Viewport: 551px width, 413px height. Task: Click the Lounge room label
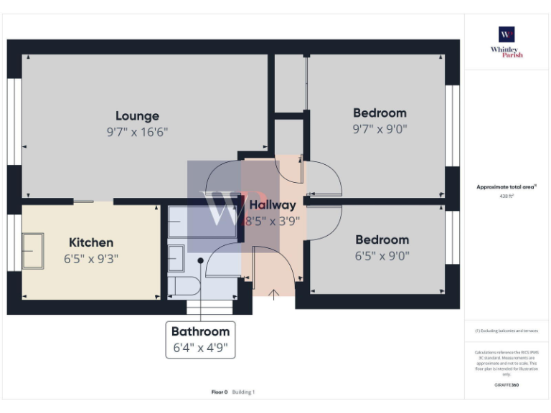tap(137, 115)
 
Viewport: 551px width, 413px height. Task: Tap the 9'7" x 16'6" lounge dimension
tap(137, 132)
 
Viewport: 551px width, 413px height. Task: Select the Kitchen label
tap(91, 242)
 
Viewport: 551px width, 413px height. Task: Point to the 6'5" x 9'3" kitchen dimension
tap(91, 259)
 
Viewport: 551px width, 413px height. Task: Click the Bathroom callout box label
tap(200, 331)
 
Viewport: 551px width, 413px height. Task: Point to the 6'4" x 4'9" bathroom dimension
tap(200, 348)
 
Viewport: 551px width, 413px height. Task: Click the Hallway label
tap(273, 206)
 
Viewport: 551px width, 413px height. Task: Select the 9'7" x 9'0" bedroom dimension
tap(380, 129)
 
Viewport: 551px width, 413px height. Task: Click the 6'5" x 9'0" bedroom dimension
tap(382, 256)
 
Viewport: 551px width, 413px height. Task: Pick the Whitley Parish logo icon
tap(507, 34)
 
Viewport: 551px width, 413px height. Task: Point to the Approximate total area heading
tap(507, 186)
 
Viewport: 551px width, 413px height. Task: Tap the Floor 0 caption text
tap(219, 392)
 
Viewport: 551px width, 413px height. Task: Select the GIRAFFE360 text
tap(507, 385)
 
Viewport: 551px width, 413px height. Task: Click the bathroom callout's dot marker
tap(201, 260)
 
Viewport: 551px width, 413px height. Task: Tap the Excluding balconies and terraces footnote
tap(507, 331)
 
